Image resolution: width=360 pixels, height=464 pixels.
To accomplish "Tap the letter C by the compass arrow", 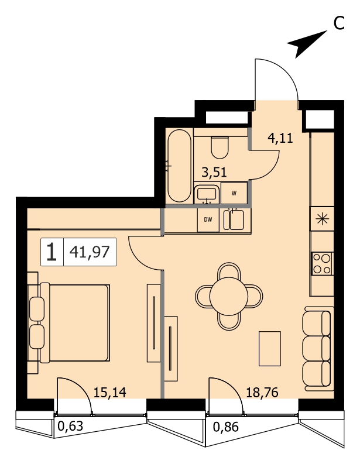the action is (340, 23).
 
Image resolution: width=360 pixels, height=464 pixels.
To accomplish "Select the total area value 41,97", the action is (90, 252).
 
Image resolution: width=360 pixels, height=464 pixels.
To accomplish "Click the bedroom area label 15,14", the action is (110, 393).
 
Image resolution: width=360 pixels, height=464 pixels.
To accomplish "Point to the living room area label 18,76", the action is (262, 393).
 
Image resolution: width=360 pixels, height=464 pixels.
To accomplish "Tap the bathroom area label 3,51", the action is (214, 172).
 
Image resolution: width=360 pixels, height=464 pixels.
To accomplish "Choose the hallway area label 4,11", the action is (280, 138).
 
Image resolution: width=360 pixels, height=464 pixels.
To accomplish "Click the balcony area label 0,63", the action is (70, 426).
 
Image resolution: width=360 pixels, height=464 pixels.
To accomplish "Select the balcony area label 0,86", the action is (225, 427).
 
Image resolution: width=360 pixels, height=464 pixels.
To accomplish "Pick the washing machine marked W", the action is (234, 193).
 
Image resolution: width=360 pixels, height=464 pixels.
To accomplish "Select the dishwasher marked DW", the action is (208, 220).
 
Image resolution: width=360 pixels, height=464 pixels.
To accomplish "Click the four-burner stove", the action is (322, 264).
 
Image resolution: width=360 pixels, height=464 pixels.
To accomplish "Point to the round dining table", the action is (228, 296).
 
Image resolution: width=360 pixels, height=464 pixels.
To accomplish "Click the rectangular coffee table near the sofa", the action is (269, 349).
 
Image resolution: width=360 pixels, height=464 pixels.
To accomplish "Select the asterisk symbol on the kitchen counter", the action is (322, 219).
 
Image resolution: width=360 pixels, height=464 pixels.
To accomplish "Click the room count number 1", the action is (52, 252).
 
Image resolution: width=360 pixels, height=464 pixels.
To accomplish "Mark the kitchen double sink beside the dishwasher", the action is (234, 219).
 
